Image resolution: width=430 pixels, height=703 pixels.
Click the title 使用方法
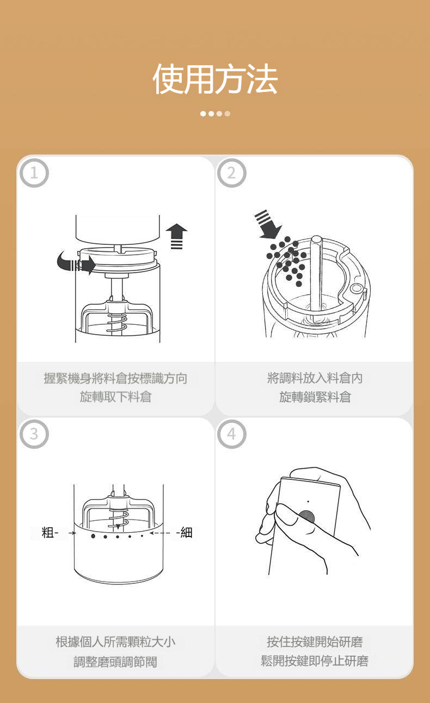point(215,78)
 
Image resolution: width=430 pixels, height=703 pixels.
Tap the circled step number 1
point(34,173)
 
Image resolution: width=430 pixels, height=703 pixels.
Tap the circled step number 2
point(232,173)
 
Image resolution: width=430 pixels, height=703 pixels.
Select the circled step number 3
point(34,434)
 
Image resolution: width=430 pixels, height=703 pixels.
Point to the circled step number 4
point(232,434)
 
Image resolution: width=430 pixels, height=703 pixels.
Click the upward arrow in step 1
point(176,236)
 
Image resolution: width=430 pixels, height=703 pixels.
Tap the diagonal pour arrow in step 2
point(268,225)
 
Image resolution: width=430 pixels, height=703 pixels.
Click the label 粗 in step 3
point(48,533)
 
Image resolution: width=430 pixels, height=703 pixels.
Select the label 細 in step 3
point(187,533)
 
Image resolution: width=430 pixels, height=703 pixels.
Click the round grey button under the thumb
point(306,517)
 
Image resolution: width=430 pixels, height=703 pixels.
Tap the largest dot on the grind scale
point(93,536)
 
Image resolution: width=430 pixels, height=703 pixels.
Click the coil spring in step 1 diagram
point(117,323)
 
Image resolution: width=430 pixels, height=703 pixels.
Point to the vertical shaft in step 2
point(316,273)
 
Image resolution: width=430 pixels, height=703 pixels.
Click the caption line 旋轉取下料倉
point(116,397)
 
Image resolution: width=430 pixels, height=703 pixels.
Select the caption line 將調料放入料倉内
point(315,378)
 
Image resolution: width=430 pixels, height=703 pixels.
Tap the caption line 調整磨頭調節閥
point(115,662)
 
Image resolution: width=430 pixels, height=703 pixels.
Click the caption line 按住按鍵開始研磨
point(315,642)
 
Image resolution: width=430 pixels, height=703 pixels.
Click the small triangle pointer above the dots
point(118,526)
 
